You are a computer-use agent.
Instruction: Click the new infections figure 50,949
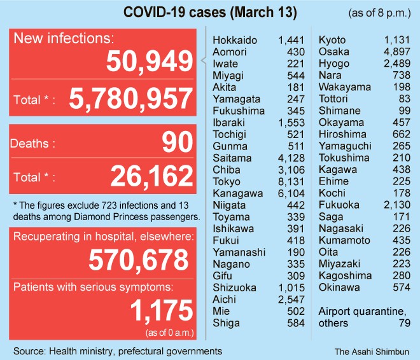150,62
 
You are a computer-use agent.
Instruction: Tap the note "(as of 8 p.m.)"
380,13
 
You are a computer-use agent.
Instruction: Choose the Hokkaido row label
235,40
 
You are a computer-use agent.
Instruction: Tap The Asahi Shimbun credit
372,350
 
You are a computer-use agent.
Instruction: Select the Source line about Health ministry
118,350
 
